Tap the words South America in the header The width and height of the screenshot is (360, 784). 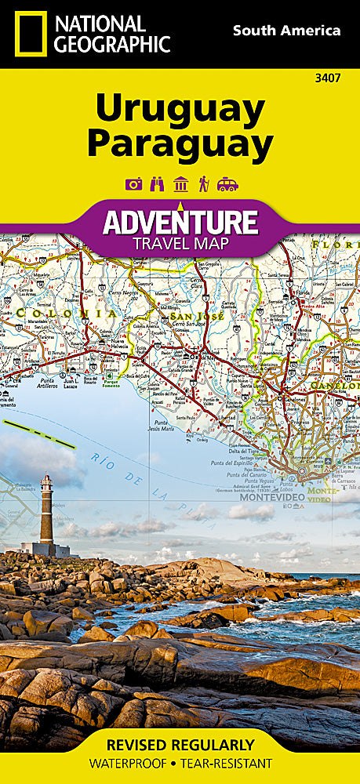[x=286, y=31]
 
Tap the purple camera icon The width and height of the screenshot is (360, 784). [x=134, y=184]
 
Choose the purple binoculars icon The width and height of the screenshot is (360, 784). [x=157, y=184]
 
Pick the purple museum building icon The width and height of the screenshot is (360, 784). [x=180, y=184]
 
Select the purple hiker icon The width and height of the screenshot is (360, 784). [x=203, y=184]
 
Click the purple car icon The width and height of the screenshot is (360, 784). [x=227, y=184]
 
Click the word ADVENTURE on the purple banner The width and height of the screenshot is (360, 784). [x=180, y=222]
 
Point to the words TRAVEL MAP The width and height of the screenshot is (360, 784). [x=180, y=243]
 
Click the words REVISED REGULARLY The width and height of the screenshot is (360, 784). [x=180, y=745]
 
